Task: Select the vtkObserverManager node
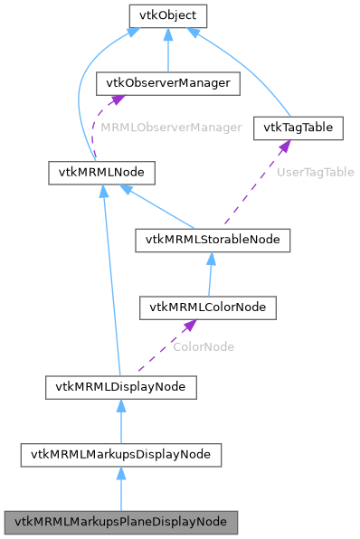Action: click(167, 84)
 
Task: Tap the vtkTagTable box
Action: click(298, 128)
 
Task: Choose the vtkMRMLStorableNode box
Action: click(213, 240)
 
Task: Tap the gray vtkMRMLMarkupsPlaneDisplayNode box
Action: click(121, 523)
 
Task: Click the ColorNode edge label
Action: click(204, 346)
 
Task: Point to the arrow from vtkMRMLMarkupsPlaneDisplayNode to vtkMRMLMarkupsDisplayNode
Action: click(120, 489)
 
